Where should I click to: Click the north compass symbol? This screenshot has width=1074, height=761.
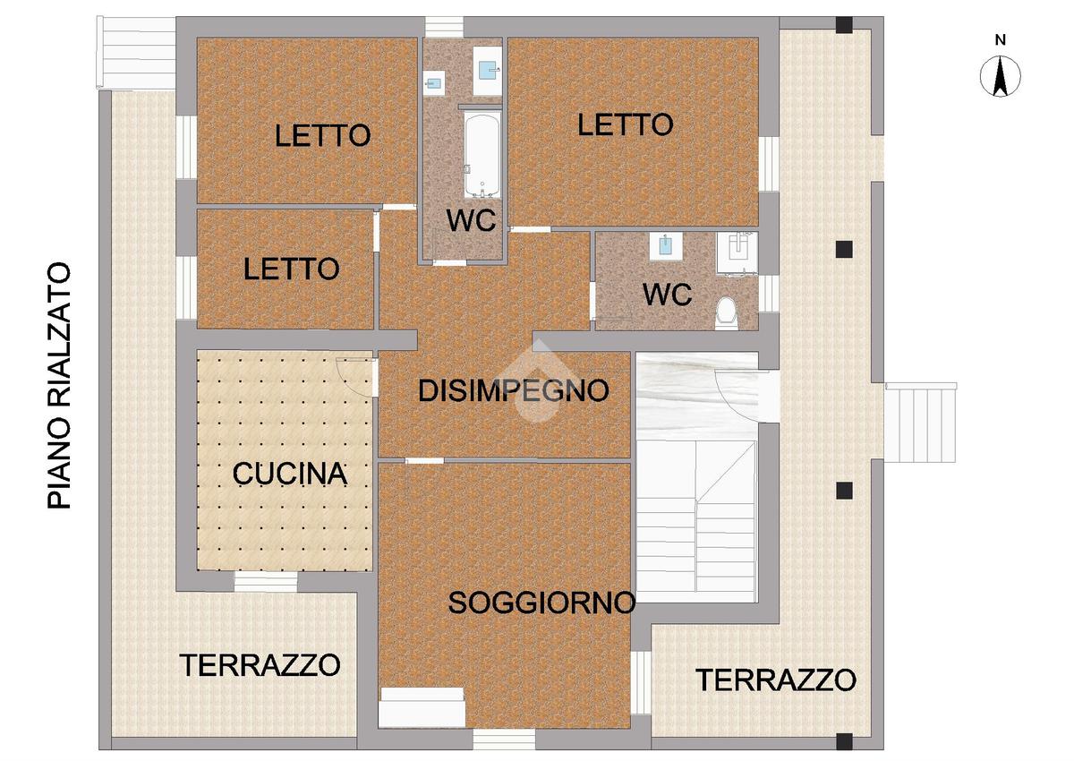[1001, 76]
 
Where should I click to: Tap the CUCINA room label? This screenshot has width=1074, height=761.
[290, 474]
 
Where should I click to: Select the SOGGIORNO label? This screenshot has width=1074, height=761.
[541, 603]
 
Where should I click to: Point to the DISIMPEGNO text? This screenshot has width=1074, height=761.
[514, 390]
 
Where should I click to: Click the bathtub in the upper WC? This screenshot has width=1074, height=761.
[482, 155]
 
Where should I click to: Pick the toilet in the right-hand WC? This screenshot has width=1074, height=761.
[726, 312]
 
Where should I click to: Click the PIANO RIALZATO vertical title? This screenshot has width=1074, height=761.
[59, 386]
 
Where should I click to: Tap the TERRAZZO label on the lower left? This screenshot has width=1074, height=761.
[260, 665]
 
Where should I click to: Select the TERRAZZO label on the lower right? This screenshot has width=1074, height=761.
[776, 680]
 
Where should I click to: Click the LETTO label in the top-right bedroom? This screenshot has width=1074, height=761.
[626, 124]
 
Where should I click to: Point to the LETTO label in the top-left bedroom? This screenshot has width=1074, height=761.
[323, 135]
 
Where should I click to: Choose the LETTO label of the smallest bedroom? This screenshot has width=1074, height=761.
[292, 269]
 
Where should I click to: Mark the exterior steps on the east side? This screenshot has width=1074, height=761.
[920, 423]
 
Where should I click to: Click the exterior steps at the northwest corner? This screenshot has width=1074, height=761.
[136, 53]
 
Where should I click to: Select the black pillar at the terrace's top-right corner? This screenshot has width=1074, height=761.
[844, 25]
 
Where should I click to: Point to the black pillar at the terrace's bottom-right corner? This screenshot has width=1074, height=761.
[844, 741]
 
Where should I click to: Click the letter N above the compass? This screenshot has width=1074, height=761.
[1001, 40]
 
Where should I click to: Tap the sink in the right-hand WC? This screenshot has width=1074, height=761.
[666, 246]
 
